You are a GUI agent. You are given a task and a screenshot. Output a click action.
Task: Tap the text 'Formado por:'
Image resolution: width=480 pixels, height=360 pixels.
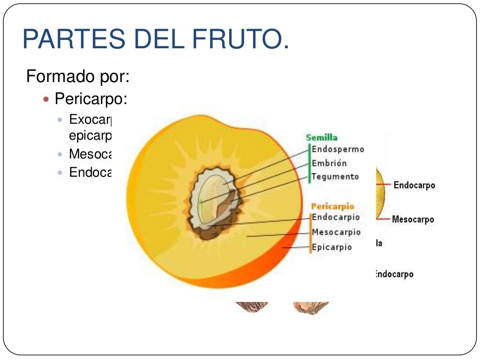(78, 76)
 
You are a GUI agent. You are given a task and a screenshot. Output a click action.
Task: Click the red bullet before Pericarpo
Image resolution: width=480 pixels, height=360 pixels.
(46, 99)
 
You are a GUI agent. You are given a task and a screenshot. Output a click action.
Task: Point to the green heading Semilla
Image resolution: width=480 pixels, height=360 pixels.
(322, 138)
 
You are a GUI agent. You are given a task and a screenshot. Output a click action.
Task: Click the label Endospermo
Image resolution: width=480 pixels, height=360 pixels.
(337, 150)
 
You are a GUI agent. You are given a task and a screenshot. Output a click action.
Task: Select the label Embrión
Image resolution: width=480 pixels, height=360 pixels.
(330, 163)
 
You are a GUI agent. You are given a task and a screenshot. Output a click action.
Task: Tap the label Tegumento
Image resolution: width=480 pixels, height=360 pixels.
(336, 177)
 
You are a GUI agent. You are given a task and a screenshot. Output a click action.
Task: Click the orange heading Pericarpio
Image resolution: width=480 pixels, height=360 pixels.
(333, 206)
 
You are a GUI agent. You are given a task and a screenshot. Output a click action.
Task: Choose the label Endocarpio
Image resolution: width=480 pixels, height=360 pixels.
(336, 217)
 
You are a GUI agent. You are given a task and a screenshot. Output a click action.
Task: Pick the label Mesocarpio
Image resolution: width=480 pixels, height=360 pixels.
(337, 232)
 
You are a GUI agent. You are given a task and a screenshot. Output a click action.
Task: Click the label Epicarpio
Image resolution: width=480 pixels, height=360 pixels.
(332, 247)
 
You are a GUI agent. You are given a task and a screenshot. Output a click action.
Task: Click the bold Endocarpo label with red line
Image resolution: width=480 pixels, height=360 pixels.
(414, 185)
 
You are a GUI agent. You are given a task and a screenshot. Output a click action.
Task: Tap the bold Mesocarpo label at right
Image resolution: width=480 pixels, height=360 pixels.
(413, 219)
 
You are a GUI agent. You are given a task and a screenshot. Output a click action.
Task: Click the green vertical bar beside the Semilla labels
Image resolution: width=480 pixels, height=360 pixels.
(309, 164)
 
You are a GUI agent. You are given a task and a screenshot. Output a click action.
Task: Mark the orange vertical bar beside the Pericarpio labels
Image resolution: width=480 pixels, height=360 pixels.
(310, 233)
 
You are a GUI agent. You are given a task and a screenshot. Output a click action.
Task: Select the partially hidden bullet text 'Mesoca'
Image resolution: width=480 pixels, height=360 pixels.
(89, 154)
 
